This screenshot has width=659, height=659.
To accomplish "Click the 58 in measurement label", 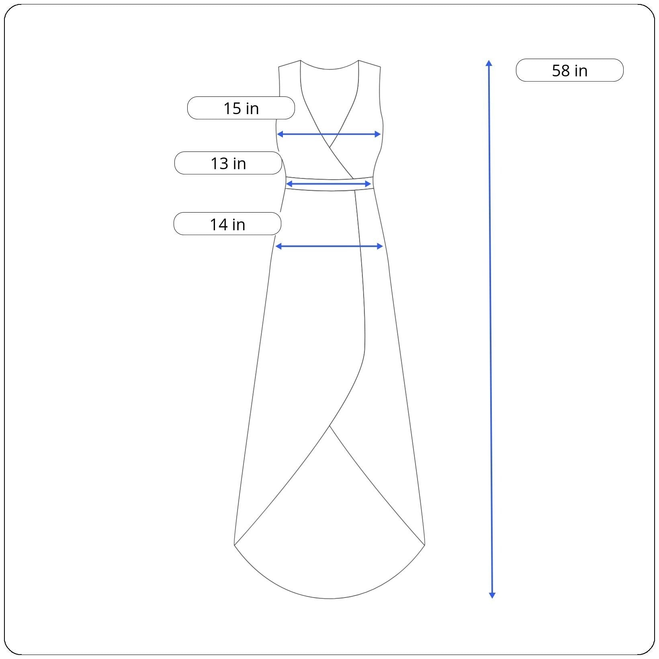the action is coord(569,70).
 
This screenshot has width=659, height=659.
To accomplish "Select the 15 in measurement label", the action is coord(241,108).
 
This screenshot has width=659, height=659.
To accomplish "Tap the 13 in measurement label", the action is coord(228,163).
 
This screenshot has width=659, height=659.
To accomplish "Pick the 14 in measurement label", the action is coord(227,224).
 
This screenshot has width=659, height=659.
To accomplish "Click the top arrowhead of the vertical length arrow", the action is coord(489,63).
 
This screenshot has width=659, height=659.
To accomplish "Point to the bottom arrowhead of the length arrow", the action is coord(492,596).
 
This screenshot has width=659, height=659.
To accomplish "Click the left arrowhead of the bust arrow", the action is coord(280,134).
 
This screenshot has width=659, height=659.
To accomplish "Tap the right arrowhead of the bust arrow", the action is coord(378,134).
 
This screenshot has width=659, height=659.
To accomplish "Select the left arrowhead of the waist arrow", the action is coord(289,184).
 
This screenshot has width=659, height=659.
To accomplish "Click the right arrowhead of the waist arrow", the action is coord(368,184).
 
